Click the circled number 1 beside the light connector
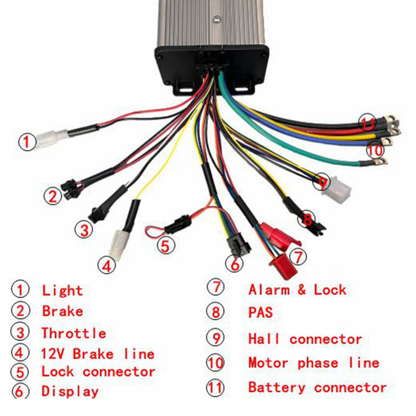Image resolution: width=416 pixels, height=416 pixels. [x=26, y=141]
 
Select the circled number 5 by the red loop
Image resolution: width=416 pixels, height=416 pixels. [x=165, y=245]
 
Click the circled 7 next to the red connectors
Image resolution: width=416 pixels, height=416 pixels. [x=298, y=256]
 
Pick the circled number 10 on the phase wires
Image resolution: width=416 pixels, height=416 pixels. [x=375, y=150]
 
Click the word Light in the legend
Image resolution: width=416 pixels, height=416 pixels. [x=62, y=290]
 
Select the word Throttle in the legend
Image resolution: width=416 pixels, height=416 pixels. [x=73, y=333]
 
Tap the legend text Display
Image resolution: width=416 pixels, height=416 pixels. [x=70, y=391]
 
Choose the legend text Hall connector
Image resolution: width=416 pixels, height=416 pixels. [x=305, y=338]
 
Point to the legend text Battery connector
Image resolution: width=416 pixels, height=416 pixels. [x=317, y=387]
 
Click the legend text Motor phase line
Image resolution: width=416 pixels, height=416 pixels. [x=313, y=363]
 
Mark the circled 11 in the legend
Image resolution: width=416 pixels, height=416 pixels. [x=215, y=387]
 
